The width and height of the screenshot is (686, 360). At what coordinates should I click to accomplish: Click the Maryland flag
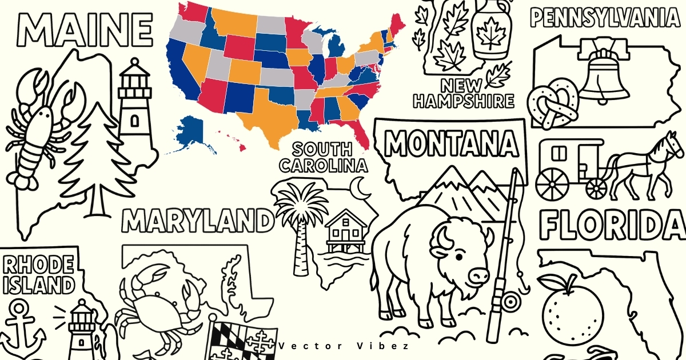[x=240, y=340]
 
